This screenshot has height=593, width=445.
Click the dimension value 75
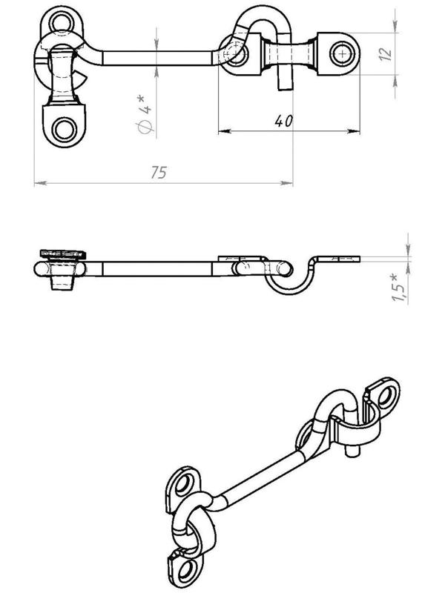coord(159,173)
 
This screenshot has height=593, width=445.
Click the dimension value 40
coord(284,121)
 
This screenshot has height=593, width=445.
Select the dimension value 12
coord(386,54)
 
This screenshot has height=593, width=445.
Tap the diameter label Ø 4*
coord(145,115)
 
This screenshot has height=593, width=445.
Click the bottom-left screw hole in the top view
coord(65,130)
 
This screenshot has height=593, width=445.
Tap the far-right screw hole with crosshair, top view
coord(343,53)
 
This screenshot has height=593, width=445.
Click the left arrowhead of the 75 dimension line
coord(40,183)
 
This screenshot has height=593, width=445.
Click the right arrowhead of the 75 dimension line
coord(287,183)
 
